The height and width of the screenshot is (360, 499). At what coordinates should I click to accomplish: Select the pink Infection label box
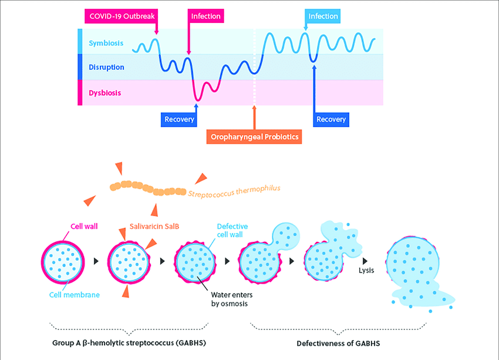205,16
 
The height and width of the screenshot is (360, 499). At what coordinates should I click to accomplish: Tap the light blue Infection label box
323,16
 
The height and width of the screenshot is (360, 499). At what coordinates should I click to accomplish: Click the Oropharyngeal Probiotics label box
254,137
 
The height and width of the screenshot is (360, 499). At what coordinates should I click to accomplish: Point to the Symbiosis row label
106,43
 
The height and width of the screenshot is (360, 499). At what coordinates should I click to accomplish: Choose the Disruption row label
106,67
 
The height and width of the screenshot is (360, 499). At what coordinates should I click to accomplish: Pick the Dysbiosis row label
106,92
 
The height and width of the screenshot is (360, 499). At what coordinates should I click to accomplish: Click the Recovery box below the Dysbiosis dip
178,119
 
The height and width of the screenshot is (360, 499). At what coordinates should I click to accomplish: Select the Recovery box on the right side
331,119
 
